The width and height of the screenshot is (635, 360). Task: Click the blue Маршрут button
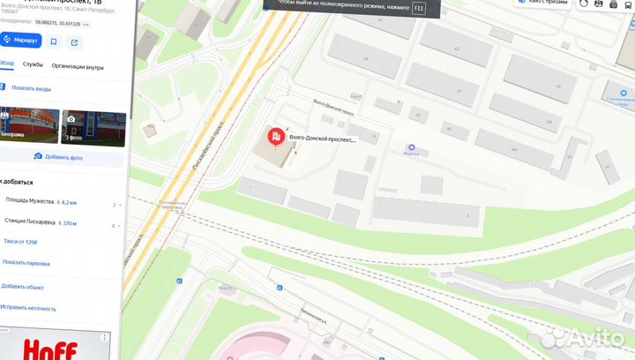21,41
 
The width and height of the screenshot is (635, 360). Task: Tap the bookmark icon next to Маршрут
54,41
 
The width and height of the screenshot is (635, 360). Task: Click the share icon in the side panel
74,41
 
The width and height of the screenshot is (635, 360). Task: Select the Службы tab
33,65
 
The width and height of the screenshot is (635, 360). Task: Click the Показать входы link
31,88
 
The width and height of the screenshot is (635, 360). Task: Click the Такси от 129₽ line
19,240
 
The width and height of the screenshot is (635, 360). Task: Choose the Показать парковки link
26,262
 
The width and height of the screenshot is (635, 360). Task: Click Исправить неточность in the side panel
29,309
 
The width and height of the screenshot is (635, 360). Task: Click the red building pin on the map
277,137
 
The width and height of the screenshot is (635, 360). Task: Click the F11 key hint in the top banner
418,8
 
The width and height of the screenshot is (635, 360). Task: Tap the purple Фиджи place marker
409,148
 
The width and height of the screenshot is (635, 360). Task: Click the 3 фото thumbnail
86,127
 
